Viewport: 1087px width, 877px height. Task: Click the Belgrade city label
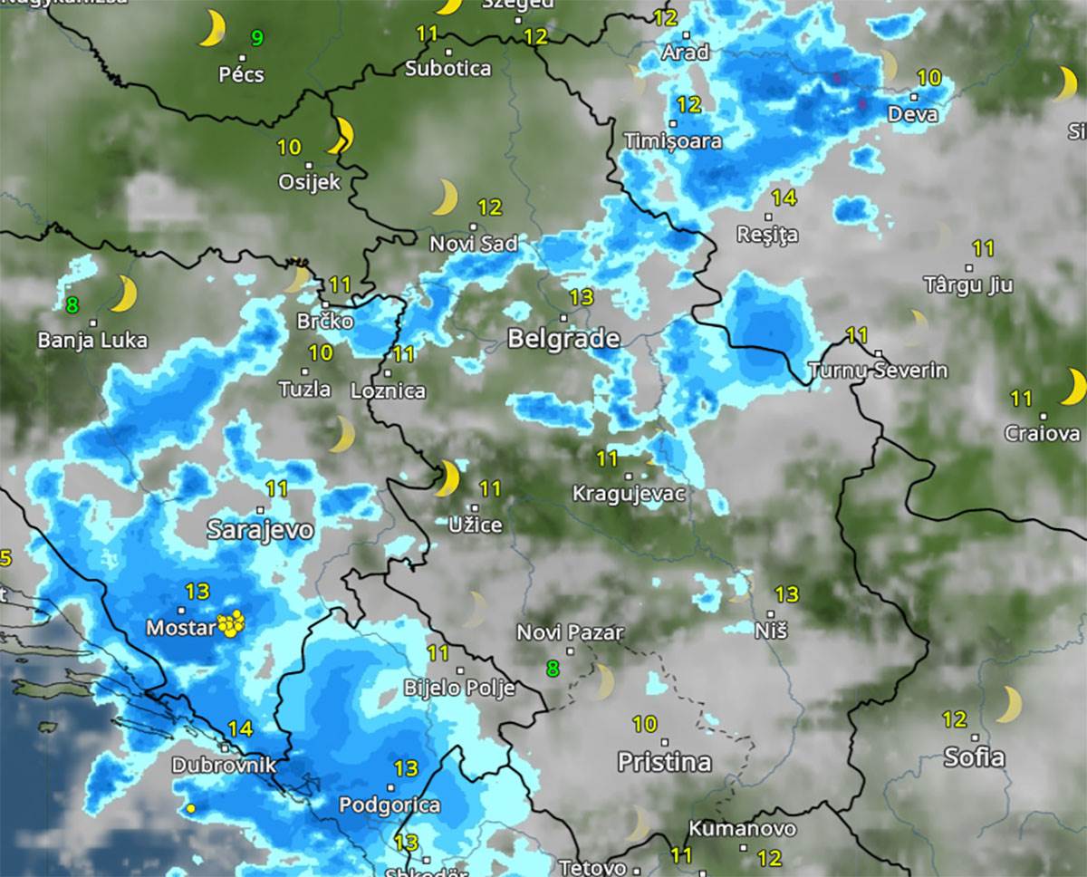pos(563,340)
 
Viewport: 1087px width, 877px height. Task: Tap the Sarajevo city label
pos(260,530)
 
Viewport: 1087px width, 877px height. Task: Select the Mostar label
pos(180,628)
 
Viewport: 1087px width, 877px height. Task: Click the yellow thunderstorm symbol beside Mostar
pos(232,623)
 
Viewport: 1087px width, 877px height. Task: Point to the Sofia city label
pos(974,757)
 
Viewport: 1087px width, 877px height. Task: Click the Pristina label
pos(664,762)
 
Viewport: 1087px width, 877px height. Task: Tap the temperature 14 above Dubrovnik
pos(240,728)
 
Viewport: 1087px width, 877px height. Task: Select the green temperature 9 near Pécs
pos(258,38)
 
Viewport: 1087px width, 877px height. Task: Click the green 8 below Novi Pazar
pos(553,670)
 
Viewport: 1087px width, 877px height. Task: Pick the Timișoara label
pos(673,141)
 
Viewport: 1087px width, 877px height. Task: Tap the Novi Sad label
pos(474,244)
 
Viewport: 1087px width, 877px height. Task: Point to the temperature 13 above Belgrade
pos(582,296)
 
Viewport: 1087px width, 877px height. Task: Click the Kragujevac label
pos(629,494)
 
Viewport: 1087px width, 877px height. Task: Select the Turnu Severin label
pos(878,371)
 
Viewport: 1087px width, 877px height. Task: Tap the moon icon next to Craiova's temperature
pos(1073,387)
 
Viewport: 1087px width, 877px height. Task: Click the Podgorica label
pos(390,805)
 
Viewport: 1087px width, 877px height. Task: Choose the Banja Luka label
pos(92,341)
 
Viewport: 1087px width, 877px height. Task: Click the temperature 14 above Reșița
pos(784,198)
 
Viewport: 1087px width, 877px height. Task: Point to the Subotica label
pos(447,69)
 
